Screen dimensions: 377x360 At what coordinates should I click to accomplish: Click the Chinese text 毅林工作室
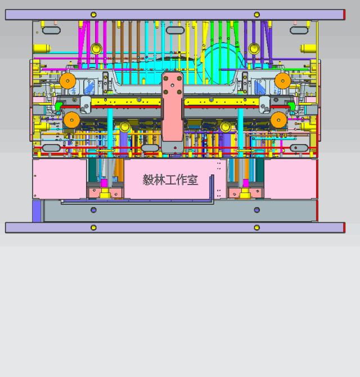click(170, 179)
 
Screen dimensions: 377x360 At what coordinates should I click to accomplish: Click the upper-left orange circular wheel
click(68, 81)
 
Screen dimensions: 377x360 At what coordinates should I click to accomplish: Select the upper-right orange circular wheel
click(283, 81)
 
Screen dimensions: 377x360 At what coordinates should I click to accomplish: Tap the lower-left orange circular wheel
click(71, 120)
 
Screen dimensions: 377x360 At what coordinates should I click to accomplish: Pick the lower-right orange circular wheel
click(278, 120)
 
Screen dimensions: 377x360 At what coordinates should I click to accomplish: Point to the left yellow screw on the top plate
click(93, 15)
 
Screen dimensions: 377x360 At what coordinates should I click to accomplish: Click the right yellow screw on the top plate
click(256, 15)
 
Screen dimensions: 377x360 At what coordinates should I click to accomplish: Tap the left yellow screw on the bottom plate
click(93, 227)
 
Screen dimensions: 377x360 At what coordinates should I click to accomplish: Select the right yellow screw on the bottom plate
click(256, 227)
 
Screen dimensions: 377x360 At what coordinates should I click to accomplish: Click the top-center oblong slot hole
click(175, 30)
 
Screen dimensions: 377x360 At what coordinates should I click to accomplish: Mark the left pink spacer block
click(60, 178)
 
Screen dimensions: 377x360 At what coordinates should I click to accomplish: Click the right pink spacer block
click(290, 178)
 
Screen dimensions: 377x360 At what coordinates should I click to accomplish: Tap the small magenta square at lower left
click(104, 183)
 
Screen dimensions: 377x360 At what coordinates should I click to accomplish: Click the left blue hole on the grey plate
click(93, 210)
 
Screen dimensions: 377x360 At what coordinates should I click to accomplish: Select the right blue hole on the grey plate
click(256, 210)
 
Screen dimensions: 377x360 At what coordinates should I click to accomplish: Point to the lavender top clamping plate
click(174, 15)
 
